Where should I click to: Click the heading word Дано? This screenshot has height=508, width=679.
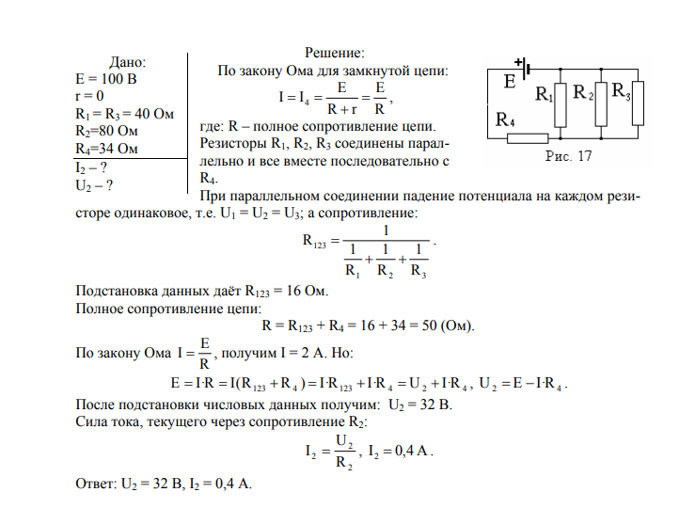127,62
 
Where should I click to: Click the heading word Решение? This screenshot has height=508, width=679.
334,53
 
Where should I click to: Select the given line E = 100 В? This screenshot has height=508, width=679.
106,79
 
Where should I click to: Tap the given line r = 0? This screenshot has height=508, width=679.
89,96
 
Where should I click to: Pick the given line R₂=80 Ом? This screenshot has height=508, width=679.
106,131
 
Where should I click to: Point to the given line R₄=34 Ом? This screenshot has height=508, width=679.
106,149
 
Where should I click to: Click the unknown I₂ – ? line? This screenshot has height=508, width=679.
91,168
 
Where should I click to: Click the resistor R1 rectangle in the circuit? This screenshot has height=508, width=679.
561,105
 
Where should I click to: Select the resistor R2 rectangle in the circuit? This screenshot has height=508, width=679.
601,103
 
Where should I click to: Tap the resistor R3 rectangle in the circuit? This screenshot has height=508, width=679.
638,103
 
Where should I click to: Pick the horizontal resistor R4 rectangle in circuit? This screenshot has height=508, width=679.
528,138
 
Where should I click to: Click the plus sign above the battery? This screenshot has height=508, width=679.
518,62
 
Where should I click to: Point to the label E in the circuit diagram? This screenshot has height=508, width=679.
510,82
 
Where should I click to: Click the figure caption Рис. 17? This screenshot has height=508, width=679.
568,156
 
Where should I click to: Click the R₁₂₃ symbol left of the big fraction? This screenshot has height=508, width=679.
314,241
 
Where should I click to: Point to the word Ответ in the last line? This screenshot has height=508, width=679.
96,484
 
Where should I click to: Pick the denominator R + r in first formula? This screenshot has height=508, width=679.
341,109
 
